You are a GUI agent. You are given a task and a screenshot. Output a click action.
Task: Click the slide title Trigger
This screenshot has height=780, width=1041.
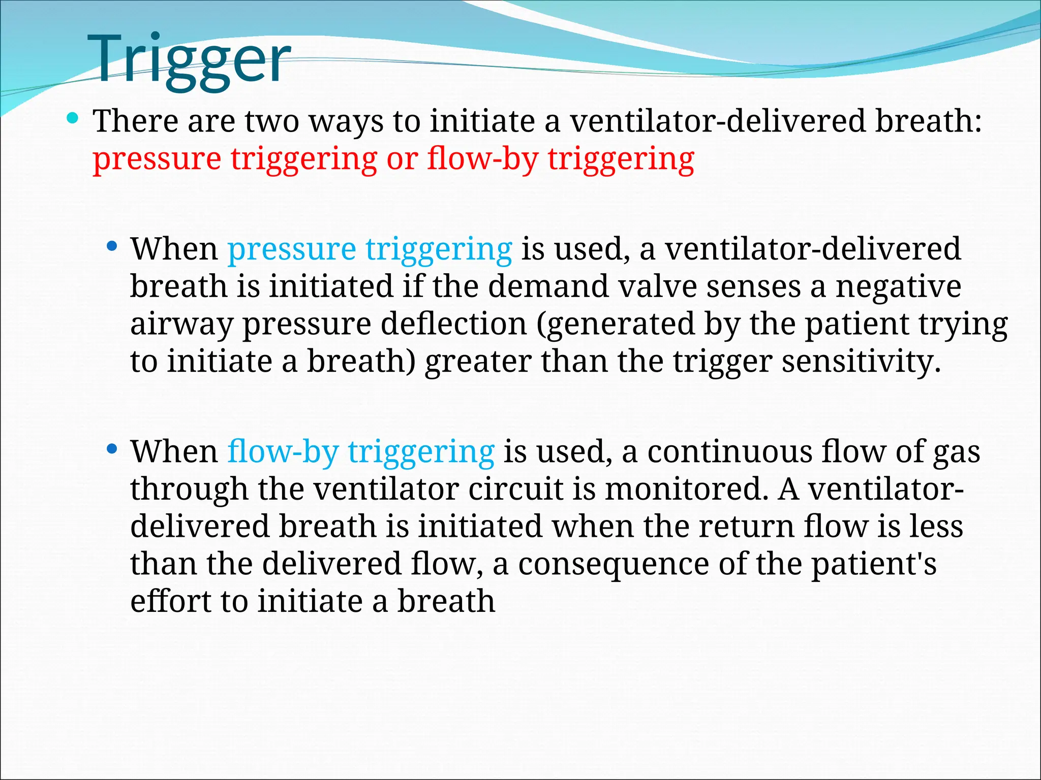pyautogui.click(x=189, y=60)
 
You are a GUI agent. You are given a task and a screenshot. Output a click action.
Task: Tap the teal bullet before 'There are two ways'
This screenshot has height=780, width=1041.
pyautogui.click(x=73, y=119)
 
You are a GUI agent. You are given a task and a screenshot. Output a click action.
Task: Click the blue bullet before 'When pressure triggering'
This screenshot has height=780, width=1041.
pyautogui.click(x=112, y=247)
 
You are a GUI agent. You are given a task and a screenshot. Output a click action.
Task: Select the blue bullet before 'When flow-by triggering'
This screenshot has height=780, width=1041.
pyautogui.click(x=112, y=449)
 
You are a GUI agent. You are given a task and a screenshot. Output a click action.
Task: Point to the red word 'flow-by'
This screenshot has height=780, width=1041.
pyautogui.click(x=482, y=159)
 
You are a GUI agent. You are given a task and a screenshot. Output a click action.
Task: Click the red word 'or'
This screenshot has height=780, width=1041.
pyautogui.click(x=402, y=159)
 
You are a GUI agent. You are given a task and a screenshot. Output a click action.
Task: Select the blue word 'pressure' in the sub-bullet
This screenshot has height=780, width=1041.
pyautogui.click(x=291, y=250)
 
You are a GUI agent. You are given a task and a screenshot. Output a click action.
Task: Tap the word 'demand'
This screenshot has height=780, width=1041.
pyautogui.click(x=548, y=286)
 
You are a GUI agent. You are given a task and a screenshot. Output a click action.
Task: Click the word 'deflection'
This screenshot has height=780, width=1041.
pyautogui.click(x=453, y=324)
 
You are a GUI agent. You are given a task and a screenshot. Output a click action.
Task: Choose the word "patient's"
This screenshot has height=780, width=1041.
pyautogui.click(x=873, y=565)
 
